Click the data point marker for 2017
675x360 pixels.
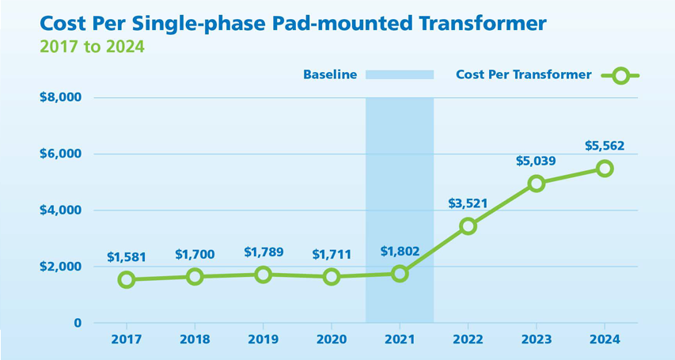pos(127,279)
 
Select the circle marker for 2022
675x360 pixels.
pos(468,226)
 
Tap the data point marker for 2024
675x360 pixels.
pos(605,169)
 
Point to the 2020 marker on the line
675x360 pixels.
pos(332,276)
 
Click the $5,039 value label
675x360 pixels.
pos(537,161)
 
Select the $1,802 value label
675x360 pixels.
pos(400,252)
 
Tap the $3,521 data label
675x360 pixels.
pos(468,203)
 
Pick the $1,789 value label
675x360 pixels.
pos(263,252)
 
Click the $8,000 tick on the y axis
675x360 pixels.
pos(60,97)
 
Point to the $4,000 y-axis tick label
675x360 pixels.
pos(60,210)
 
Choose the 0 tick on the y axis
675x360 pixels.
pos(78,323)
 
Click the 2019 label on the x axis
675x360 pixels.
pos(263,339)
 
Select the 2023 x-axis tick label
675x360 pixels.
pos(537,339)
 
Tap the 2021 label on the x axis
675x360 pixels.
pos(400,339)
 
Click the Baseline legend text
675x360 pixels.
pos(330,75)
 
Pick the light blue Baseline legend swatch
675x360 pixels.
pos(400,75)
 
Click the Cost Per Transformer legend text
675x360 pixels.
pos(524,75)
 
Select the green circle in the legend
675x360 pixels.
pos(620,76)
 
